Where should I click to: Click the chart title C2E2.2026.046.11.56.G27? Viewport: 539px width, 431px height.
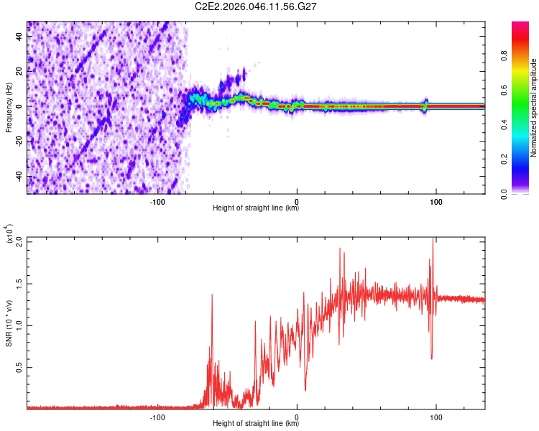257,6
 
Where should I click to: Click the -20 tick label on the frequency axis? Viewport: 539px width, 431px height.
18,142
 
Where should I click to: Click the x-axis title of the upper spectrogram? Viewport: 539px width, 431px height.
255,208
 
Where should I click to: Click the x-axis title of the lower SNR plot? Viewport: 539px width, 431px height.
255,424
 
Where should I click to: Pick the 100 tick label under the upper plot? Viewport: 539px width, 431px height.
436,202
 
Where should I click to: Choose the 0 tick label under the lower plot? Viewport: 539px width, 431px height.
297,417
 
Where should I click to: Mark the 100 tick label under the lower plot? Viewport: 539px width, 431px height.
436,417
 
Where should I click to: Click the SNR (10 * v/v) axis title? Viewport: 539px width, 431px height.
9,323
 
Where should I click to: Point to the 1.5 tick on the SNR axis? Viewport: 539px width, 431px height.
18,283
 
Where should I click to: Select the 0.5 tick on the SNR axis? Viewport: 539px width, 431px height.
18,366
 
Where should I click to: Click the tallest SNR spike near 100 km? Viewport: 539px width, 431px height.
433,240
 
